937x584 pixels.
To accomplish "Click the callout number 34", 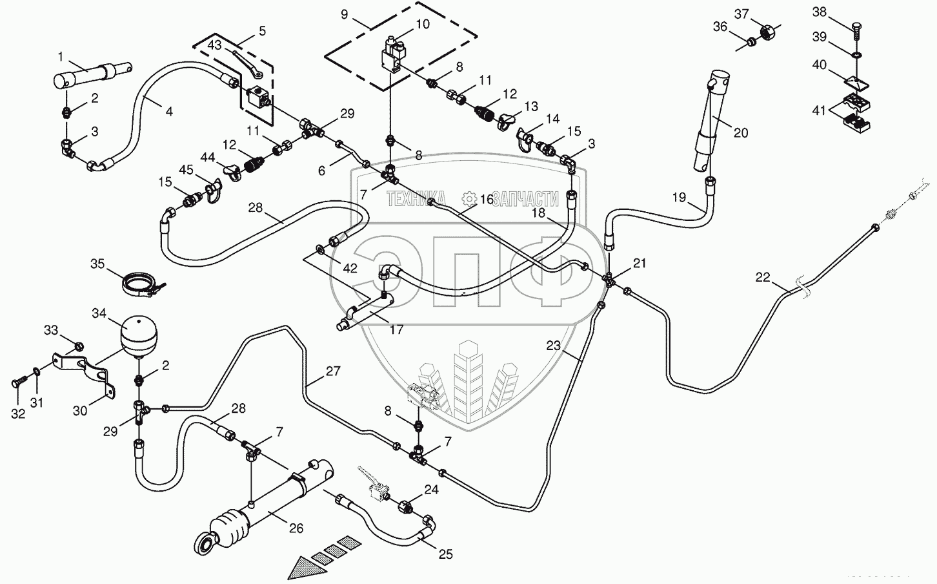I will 98,314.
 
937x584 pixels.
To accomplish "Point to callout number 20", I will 741,132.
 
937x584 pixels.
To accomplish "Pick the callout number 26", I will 296,528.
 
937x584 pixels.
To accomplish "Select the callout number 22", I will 763,277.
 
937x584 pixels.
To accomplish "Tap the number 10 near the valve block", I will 422,25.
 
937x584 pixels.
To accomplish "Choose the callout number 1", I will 60,56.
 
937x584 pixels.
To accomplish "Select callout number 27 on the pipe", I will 333,371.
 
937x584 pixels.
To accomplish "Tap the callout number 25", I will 446,554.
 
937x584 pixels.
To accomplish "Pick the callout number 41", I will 819,110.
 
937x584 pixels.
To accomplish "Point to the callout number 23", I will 554,346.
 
